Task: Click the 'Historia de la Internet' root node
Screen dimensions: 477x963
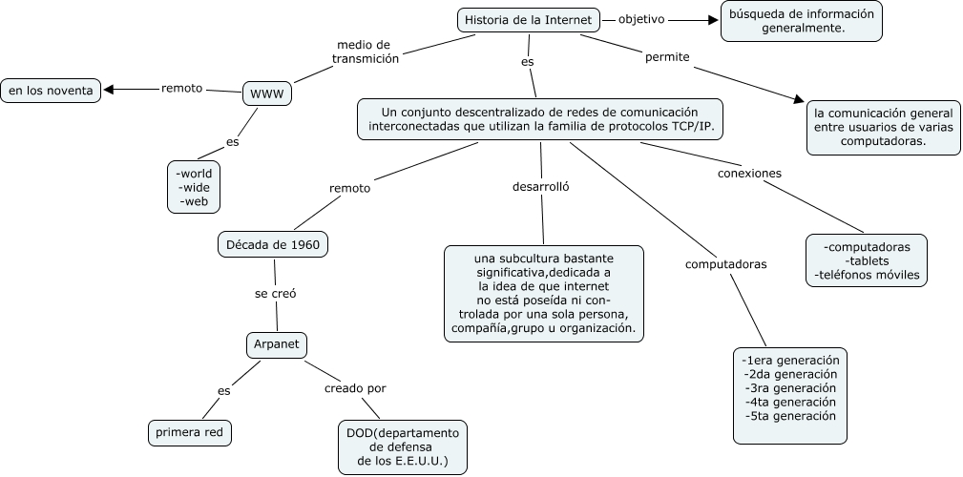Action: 530,19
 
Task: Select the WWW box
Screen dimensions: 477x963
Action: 267,93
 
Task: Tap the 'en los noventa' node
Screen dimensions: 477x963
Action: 51,91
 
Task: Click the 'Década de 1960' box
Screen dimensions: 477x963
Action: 273,244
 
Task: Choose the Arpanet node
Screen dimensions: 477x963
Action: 277,343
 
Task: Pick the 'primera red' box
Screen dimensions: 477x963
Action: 190,432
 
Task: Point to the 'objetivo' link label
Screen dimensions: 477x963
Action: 641,19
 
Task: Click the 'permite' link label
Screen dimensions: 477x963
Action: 667,57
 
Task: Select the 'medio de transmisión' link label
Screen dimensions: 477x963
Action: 365,52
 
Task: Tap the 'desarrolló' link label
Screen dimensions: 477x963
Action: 541,186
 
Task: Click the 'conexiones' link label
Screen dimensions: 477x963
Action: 749,174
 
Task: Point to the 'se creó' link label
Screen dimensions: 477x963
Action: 275,294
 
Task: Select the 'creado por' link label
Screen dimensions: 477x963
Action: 355,388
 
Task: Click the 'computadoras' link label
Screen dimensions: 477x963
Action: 725,264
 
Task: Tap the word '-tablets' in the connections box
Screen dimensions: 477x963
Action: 867,261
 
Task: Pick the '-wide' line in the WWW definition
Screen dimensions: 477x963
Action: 194,188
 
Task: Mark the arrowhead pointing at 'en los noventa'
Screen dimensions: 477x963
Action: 109,90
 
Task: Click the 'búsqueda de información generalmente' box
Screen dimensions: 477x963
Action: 801,21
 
